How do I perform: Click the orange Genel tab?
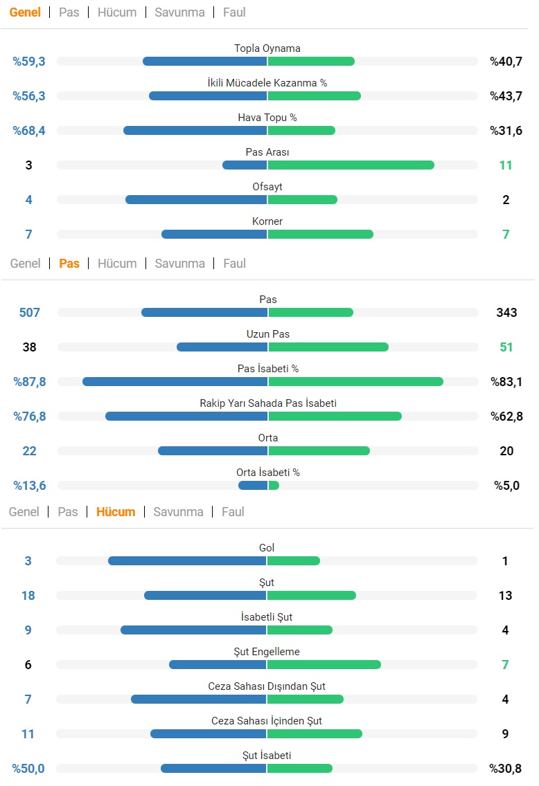click(x=25, y=12)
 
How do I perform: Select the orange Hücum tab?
click(x=116, y=512)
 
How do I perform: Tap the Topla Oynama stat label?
click(x=267, y=48)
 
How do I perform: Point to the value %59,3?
click(x=29, y=62)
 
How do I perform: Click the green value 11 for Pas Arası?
click(x=506, y=165)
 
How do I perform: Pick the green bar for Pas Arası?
click(x=351, y=165)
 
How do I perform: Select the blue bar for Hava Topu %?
click(x=195, y=131)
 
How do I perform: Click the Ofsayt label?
click(x=267, y=187)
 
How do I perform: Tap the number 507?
click(x=30, y=313)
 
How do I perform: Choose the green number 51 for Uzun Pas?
click(x=506, y=347)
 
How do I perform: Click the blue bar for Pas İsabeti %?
click(x=175, y=382)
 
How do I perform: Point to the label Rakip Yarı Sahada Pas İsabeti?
click(x=268, y=403)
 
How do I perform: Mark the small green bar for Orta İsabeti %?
click(x=274, y=486)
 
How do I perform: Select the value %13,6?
click(x=30, y=486)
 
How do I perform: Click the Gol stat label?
click(x=267, y=547)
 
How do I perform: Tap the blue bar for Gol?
click(x=187, y=561)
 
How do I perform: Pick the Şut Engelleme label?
click(x=267, y=652)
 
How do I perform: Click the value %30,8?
click(x=505, y=769)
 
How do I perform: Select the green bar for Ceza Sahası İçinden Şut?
click(x=315, y=734)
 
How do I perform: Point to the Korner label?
click(x=267, y=221)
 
